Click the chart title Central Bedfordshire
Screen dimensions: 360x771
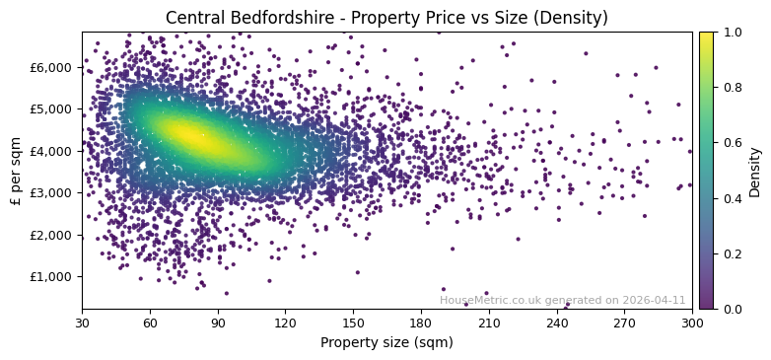[x=386, y=18]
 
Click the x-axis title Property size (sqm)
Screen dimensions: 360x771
[x=386, y=342]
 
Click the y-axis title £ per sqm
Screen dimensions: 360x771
[x=16, y=170]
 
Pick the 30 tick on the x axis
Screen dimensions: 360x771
[x=82, y=322]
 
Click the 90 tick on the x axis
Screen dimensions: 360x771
[x=218, y=322]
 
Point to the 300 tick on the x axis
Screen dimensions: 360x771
[x=692, y=322]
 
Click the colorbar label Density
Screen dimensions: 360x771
[x=755, y=171]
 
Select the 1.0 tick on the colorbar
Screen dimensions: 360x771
[x=732, y=33]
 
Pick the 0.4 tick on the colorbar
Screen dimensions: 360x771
[x=732, y=198]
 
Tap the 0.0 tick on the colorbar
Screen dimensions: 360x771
[x=732, y=309]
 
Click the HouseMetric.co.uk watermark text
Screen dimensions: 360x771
[x=562, y=300]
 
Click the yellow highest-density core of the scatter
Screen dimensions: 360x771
[x=192, y=138]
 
